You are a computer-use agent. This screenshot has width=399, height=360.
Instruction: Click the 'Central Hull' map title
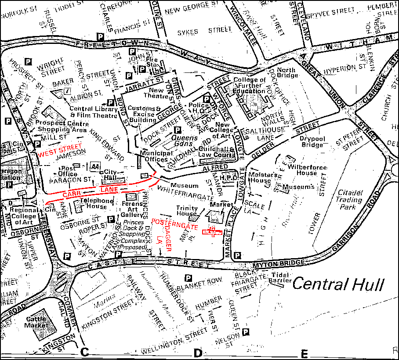338,284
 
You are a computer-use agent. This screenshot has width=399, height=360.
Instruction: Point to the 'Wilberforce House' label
302,170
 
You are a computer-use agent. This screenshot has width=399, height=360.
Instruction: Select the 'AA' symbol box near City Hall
95,167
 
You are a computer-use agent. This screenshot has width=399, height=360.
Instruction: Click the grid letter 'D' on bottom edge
197,353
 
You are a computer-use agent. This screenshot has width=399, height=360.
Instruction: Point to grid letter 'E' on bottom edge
305,353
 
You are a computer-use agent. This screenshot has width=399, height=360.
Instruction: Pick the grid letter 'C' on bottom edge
85,352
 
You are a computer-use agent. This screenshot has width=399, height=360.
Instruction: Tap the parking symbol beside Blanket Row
188,278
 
